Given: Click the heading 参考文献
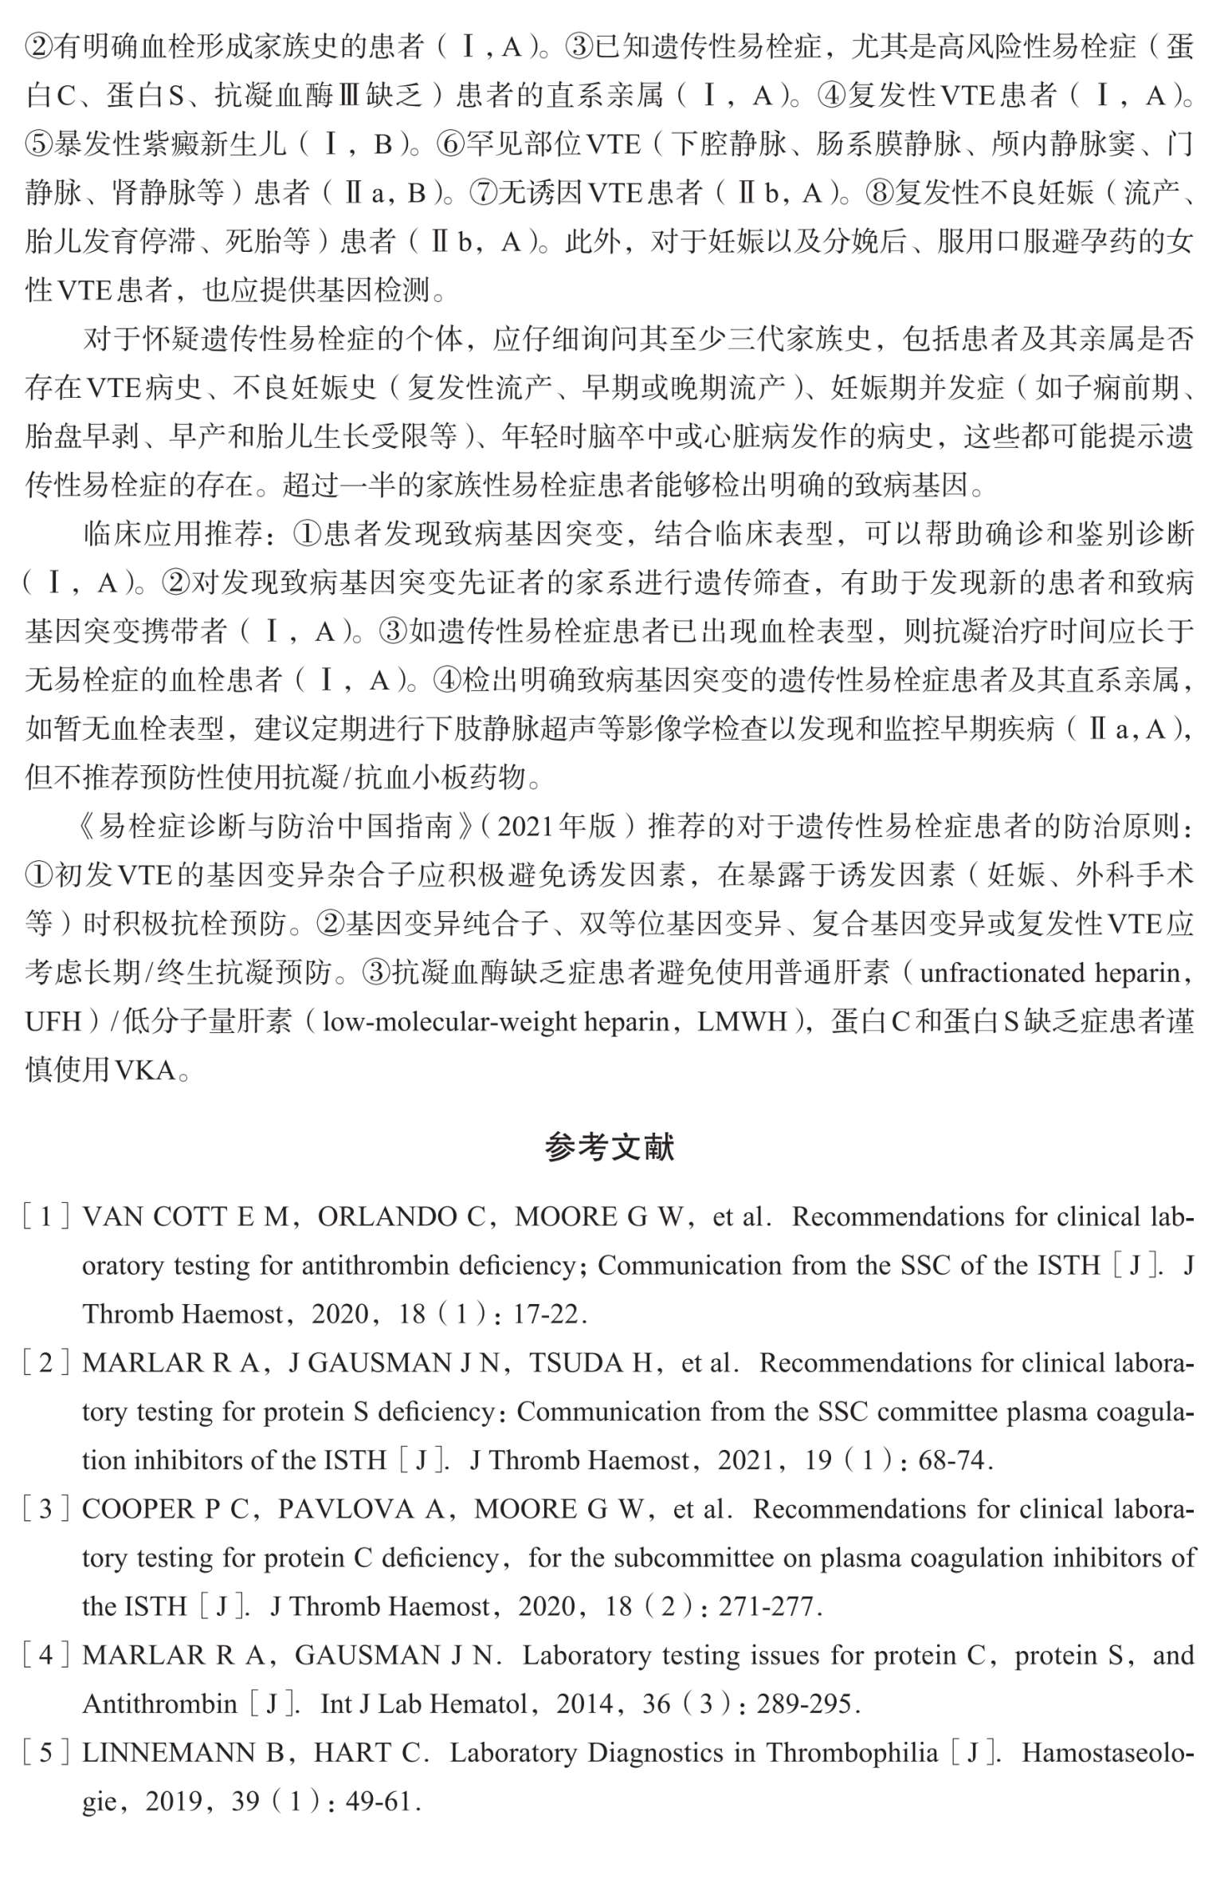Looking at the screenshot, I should click(x=610, y=1147).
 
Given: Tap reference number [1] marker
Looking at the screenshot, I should click(x=45, y=1217).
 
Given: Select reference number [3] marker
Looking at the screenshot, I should click(x=45, y=1510).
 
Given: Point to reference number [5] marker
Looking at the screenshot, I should click(x=45, y=1753).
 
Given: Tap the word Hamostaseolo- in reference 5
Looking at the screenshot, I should click(x=1108, y=1753).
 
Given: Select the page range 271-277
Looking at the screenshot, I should click(x=768, y=1606).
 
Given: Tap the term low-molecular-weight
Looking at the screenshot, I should click(x=452, y=1022).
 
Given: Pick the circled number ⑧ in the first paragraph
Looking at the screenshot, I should click(x=879, y=192).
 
